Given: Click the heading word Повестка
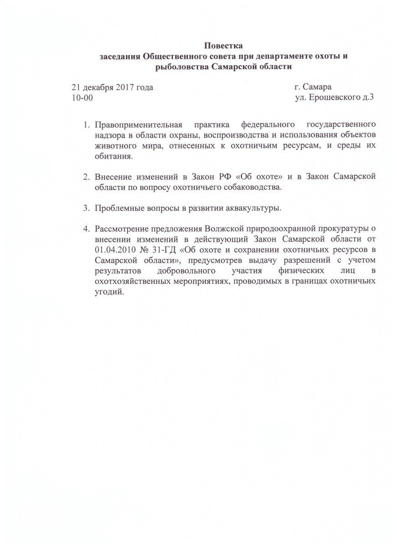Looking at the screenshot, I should coord(224,46).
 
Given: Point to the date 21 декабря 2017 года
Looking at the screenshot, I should coord(112,87).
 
